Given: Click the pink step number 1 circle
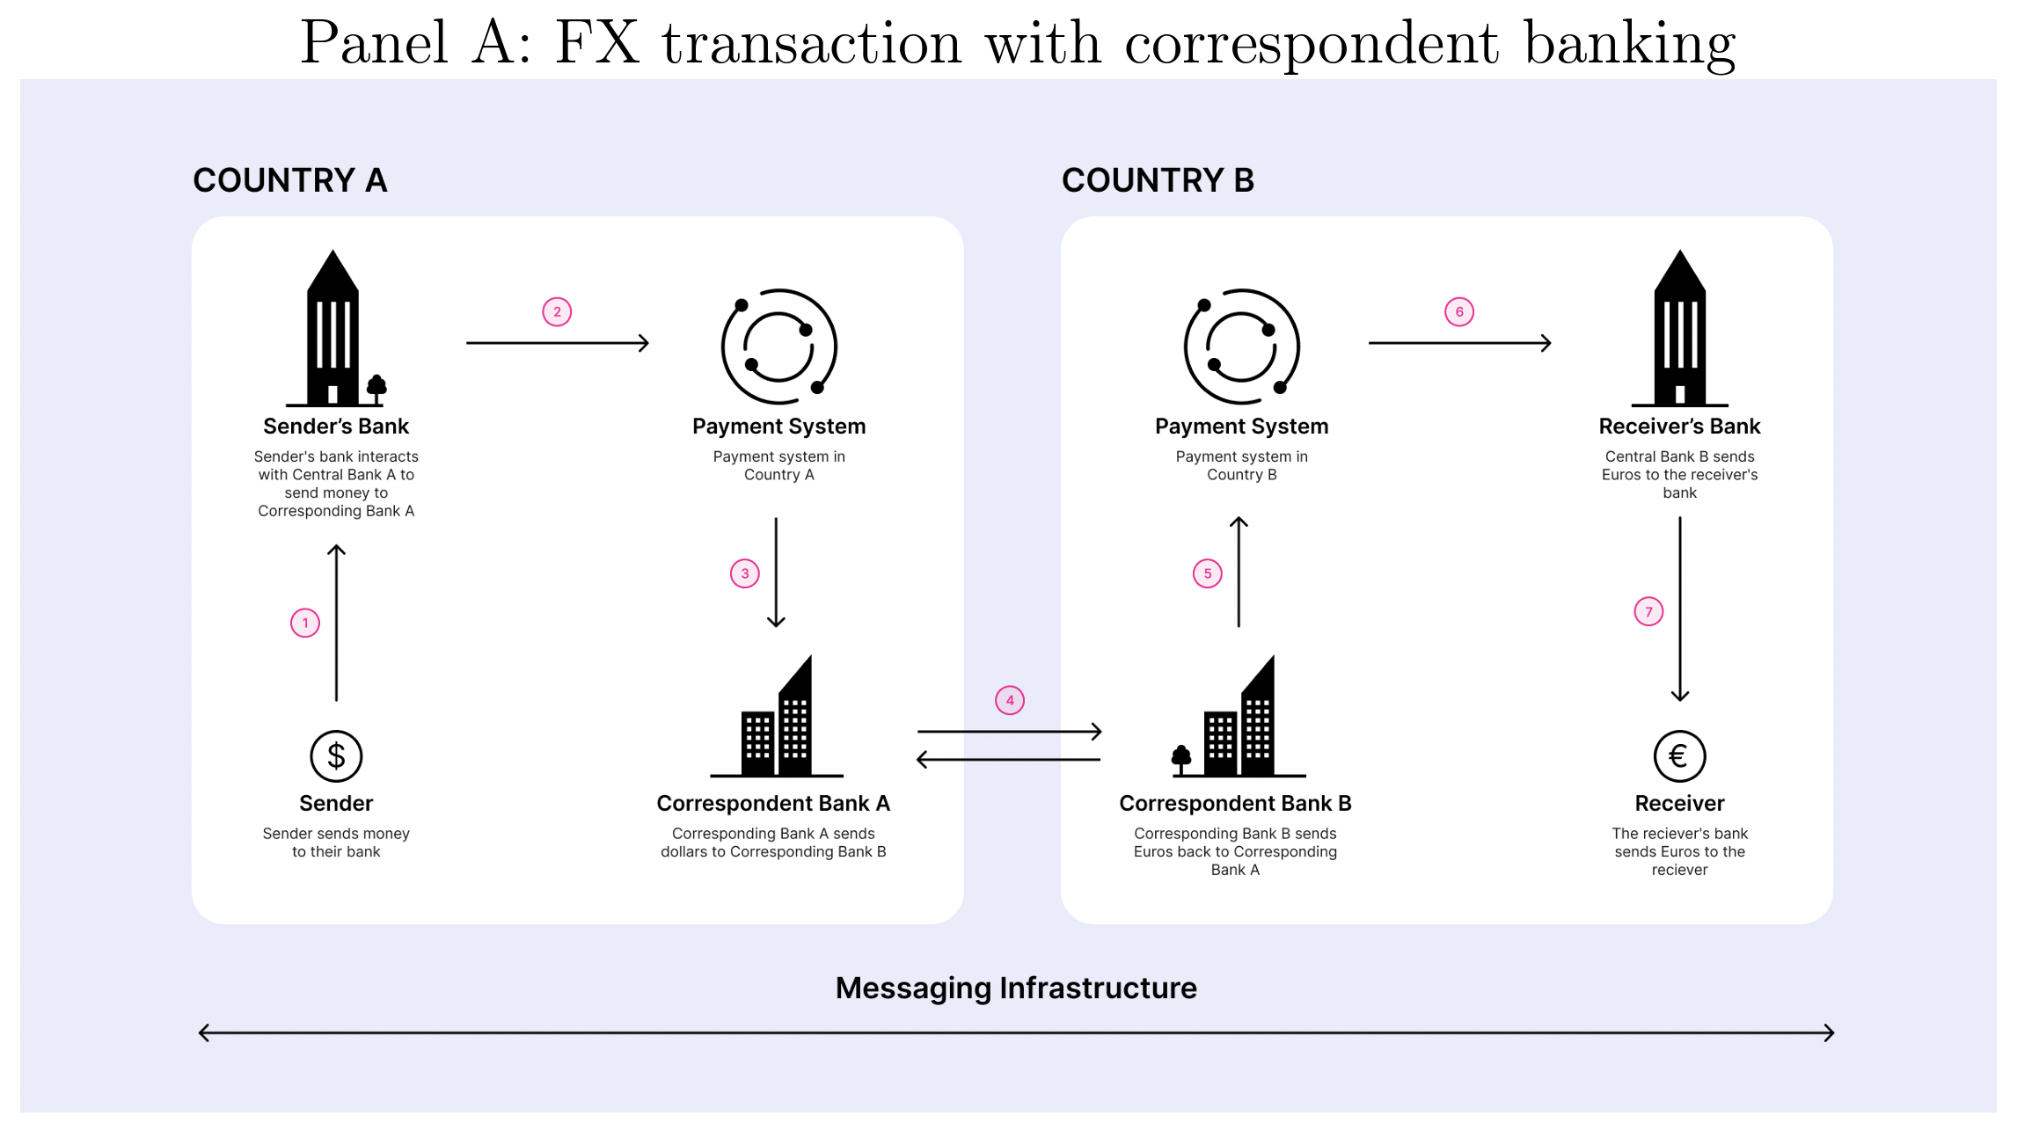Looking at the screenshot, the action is point(305,624).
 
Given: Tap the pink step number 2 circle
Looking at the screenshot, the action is point(557,312).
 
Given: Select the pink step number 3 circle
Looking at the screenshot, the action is point(745,573).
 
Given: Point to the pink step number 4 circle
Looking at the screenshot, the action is point(1010,701).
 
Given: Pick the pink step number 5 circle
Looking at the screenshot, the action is point(1208,573).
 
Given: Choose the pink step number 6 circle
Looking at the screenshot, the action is point(1459,312).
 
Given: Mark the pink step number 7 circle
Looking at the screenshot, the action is point(1649,612).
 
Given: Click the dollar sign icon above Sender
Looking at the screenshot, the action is point(336,756).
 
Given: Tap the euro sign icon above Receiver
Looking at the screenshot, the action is point(1679,756).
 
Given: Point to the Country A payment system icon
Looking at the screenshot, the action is point(778,347).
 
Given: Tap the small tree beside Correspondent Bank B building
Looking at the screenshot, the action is point(1181,758).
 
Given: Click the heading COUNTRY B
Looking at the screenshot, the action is point(1158,180).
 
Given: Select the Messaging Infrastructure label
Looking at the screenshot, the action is point(1016,988).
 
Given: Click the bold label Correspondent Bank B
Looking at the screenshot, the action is point(1235,803).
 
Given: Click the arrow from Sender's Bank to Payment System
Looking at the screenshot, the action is point(558,343).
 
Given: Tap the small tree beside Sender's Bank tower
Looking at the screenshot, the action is point(376,387).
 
